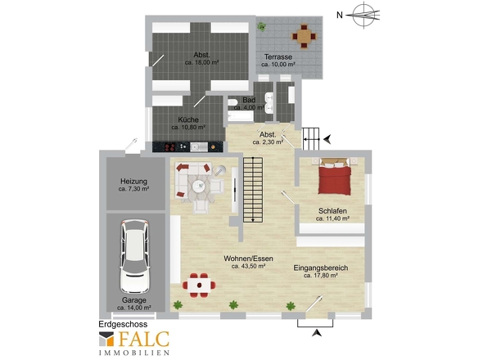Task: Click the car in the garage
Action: pyautogui.click(x=135, y=256)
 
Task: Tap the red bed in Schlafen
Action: pyautogui.click(x=334, y=177)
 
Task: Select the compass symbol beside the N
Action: pyautogui.click(x=365, y=15)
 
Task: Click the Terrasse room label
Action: pyautogui.click(x=278, y=57)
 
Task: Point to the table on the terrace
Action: pyautogui.click(x=304, y=36)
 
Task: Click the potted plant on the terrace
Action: pyautogui.click(x=262, y=27)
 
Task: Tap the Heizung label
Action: pyautogui.click(x=133, y=182)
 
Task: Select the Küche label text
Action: pyautogui.click(x=188, y=119)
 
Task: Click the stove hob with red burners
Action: pyautogui.click(x=170, y=147)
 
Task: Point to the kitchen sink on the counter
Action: pyautogui.click(x=199, y=147)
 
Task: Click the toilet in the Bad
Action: pyautogui.click(x=232, y=102)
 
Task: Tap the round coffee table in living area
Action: pyautogui.click(x=199, y=186)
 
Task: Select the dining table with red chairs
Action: pyautogui.click(x=199, y=286)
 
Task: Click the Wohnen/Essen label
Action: pyautogui.click(x=248, y=259)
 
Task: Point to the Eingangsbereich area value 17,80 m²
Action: pyautogui.click(x=321, y=276)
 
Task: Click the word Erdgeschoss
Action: pyautogui.click(x=123, y=324)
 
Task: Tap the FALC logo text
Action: pyautogui.click(x=144, y=339)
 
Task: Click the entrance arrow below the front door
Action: pyautogui.click(x=317, y=333)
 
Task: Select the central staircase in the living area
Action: pyautogui.click(x=253, y=190)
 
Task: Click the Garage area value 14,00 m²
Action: pyautogui.click(x=134, y=308)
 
